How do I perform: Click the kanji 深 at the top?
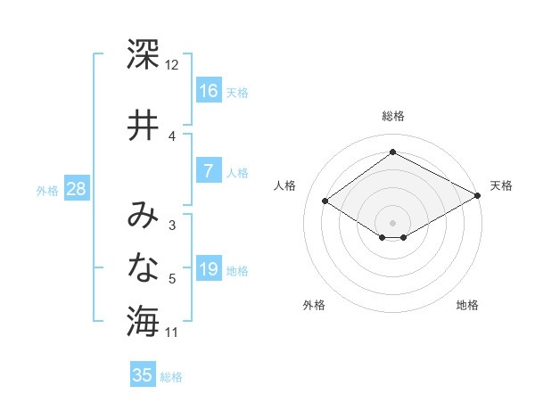pyautogui.click(x=143, y=55)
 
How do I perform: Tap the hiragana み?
pyautogui.click(x=143, y=216)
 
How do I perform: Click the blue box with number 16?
pyautogui.click(x=209, y=90)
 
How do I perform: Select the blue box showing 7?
pyautogui.click(x=209, y=171)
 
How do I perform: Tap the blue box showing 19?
pyautogui.click(x=209, y=269)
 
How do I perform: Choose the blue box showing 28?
pyautogui.click(x=76, y=189)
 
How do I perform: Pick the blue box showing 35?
pyautogui.click(x=143, y=375)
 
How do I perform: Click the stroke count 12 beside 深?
pyautogui.click(x=172, y=65)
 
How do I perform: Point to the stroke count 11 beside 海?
pyautogui.click(x=172, y=333)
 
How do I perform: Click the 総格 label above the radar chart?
pyautogui.click(x=392, y=116)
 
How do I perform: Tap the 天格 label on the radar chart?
pyautogui.click(x=501, y=185)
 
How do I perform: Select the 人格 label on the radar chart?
pyautogui.click(x=285, y=185)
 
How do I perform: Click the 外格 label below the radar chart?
pyautogui.click(x=314, y=306)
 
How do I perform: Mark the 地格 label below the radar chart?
pyautogui.click(x=467, y=306)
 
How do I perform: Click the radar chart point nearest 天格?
pyautogui.click(x=478, y=195)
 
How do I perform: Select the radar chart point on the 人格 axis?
pyautogui.click(x=325, y=201)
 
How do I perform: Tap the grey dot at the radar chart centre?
pyautogui.click(x=392, y=221)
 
